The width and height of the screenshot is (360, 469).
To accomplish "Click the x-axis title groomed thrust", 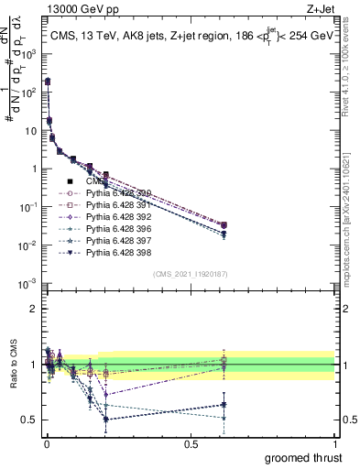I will pyautogui.click(x=302, y=457).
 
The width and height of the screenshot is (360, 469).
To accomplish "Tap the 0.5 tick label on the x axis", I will pyautogui.click(x=190, y=443).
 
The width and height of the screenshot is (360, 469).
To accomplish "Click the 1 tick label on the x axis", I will pyautogui.click(x=334, y=443).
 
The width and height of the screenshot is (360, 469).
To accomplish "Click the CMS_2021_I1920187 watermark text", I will pyautogui.click(x=189, y=274).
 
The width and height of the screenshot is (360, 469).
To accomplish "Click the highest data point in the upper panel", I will pyautogui.click(x=47, y=82).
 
